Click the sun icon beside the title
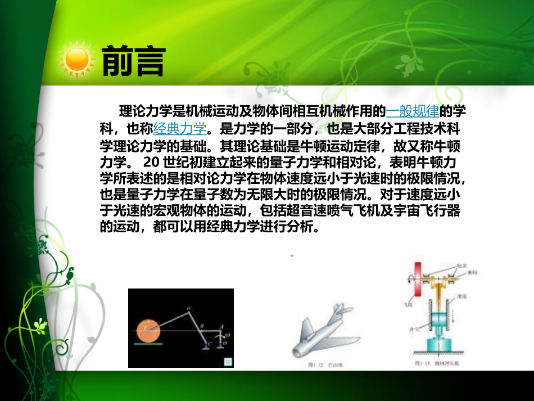pyautogui.click(x=77, y=58)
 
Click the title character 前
pyautogui.click(x=117, y=60)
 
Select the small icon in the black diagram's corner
pyautogui.click(x=228, y=360)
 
